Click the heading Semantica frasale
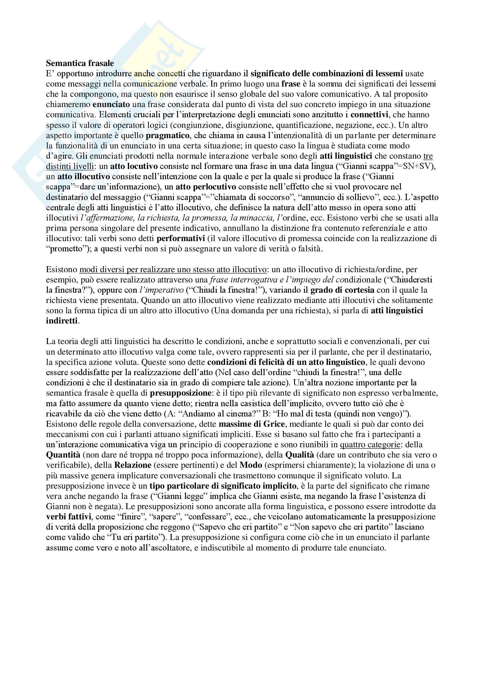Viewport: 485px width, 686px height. pyautogui.click(x=80, y=63)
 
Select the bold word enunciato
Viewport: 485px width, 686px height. pyautogui.click(x=111, y=105)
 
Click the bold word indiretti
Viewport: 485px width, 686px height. pyautogui.click(x=62, y=321)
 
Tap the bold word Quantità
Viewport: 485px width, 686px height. pyautogui.click(x=63, y=455)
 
